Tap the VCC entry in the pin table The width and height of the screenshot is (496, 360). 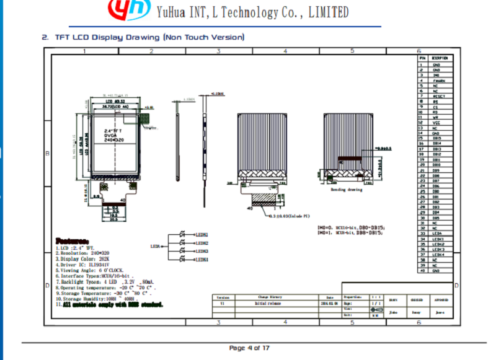[x=436, y=123]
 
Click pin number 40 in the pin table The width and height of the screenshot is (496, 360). [x=421, y=271]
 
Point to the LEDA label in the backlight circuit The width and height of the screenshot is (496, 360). [x=156, y=246]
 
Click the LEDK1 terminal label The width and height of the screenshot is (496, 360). [x=202, y=259]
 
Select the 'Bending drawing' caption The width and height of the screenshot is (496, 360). [x=346, y=190]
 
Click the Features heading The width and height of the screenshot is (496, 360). [x=72, y=240]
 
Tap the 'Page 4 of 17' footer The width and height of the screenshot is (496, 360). [x=249, y=348]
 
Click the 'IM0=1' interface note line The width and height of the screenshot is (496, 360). [x=350, y=233]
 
